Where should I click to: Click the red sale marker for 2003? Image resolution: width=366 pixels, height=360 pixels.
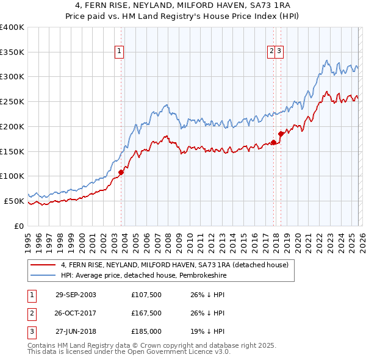click(x=121, y=172)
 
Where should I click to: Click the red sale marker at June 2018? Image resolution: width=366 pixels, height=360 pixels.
click(x=281, y=133)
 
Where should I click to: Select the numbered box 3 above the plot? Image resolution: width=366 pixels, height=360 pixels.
click(x=279, y=51)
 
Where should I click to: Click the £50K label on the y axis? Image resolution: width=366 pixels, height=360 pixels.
click(x=14, y=201)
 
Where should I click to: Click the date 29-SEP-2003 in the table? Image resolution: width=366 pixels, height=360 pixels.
click(x=76, y=295)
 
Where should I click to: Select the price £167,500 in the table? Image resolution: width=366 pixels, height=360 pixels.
click(x=146, y=313)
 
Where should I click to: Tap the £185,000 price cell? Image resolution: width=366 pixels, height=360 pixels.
click(x=146, y=331)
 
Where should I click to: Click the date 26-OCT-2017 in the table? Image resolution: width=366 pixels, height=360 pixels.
click(x=76, y=313)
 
